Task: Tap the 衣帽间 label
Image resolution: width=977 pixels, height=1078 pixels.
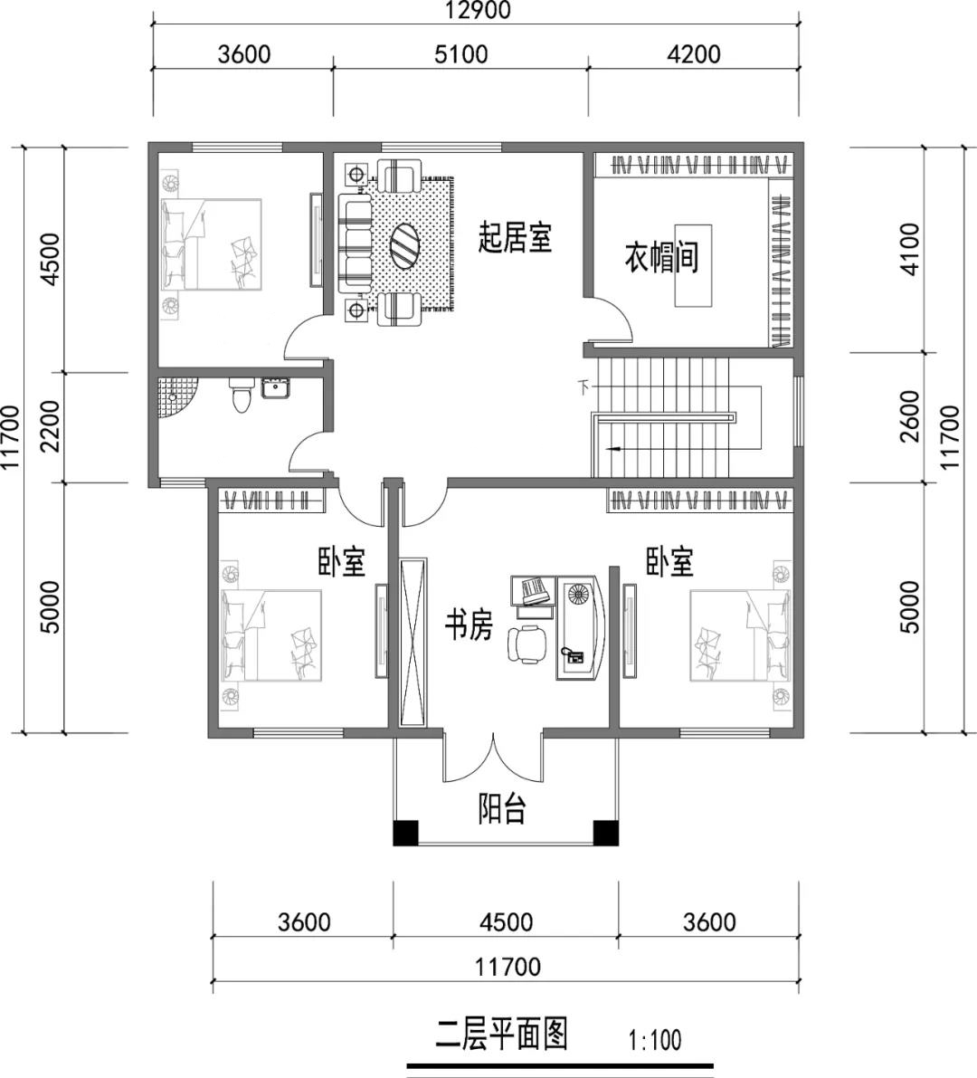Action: point(661,257)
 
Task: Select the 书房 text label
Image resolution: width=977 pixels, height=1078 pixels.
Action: point(469,625)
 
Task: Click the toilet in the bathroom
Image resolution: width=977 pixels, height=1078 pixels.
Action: point(241,396)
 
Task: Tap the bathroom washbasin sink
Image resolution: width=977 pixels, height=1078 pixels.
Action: point(277,388)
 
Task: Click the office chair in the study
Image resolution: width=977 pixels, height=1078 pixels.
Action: point(527,644)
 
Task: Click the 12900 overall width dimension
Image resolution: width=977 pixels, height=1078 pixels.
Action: point(477,10)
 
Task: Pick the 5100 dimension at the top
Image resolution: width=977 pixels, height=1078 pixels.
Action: point(461,53)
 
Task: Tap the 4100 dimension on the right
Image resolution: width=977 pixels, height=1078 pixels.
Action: point(909,249)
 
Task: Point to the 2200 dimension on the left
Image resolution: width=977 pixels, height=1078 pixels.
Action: point(50,426)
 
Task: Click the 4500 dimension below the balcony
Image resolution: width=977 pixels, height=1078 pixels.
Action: point(507,921)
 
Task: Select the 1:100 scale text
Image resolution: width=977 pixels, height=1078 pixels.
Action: point(655,1040)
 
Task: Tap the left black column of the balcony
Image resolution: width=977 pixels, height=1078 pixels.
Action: point(405,834)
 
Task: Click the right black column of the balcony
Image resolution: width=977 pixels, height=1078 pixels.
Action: point(605,834)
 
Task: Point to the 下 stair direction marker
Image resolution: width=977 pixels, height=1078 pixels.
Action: point(584,387)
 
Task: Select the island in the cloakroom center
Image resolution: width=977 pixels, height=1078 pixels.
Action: point(693,264)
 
